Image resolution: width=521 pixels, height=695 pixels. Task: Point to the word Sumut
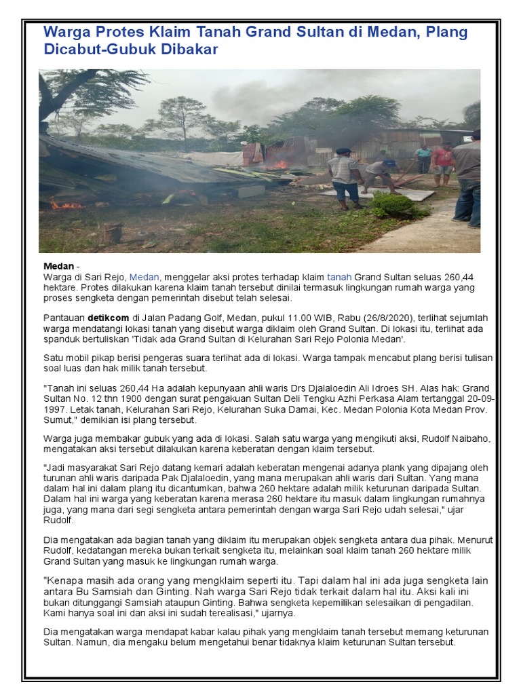(58, 420)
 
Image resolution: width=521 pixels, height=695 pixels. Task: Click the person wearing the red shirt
(443, 164)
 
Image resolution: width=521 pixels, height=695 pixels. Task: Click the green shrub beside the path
(394, 204)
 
